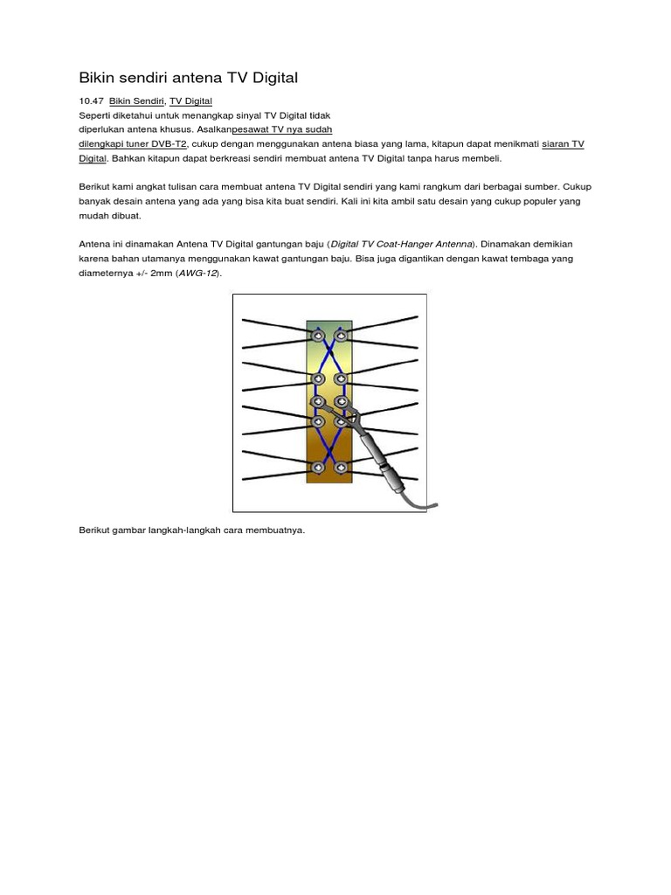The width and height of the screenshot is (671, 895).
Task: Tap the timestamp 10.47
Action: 91,102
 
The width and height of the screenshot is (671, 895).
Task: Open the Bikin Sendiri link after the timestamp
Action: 137,102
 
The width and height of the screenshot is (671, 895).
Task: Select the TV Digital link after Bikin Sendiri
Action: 190,102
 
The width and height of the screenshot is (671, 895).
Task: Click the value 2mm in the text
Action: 163,273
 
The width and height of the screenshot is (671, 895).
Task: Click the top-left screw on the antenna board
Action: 316,334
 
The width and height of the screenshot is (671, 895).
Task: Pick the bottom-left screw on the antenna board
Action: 316,467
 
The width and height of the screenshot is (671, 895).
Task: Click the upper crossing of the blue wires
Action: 329,357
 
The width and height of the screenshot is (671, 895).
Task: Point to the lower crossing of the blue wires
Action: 329,444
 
